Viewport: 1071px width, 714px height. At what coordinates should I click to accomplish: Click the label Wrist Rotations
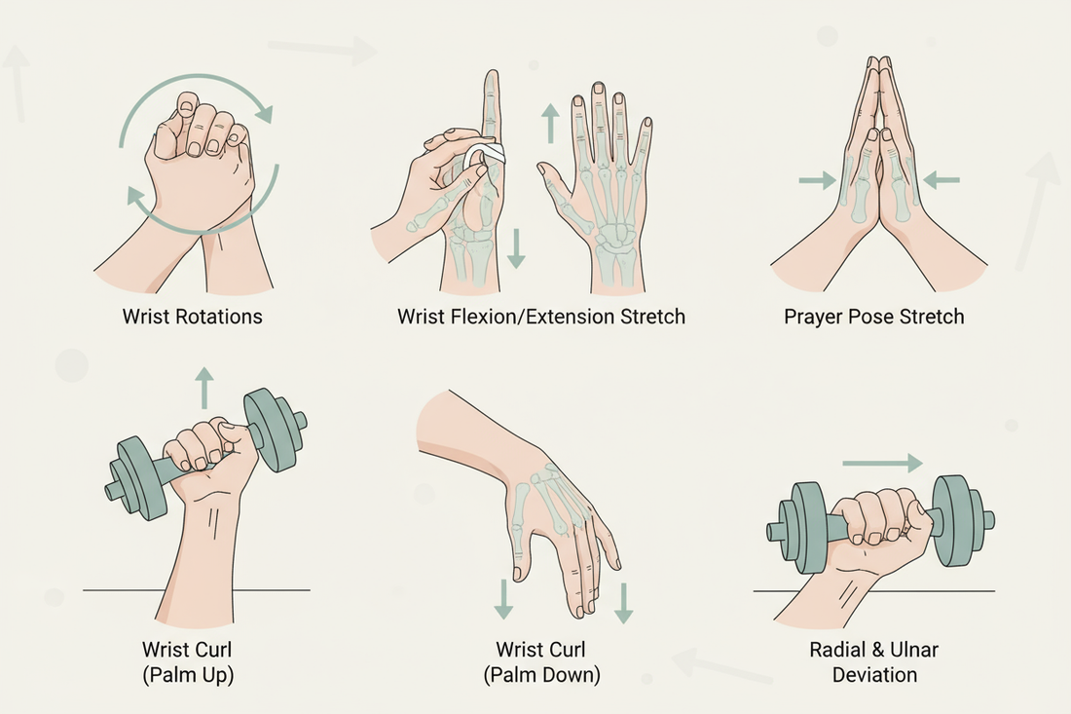(x=192, y=317)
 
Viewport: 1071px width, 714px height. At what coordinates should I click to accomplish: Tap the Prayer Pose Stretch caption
(x=874, y=317)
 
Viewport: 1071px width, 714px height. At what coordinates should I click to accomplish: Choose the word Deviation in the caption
(x=874, y=674)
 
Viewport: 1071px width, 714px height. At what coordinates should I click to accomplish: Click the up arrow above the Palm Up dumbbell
(x=203, y=387)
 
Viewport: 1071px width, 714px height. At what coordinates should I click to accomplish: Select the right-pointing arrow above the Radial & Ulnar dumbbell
(x=881, y=464)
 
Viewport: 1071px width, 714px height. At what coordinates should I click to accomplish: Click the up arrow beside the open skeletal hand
(x=550, y=125)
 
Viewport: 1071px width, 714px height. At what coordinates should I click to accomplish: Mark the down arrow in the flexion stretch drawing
(x=517, y=247)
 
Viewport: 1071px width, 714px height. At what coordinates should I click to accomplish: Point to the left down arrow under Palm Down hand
(x=502, y=598)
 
